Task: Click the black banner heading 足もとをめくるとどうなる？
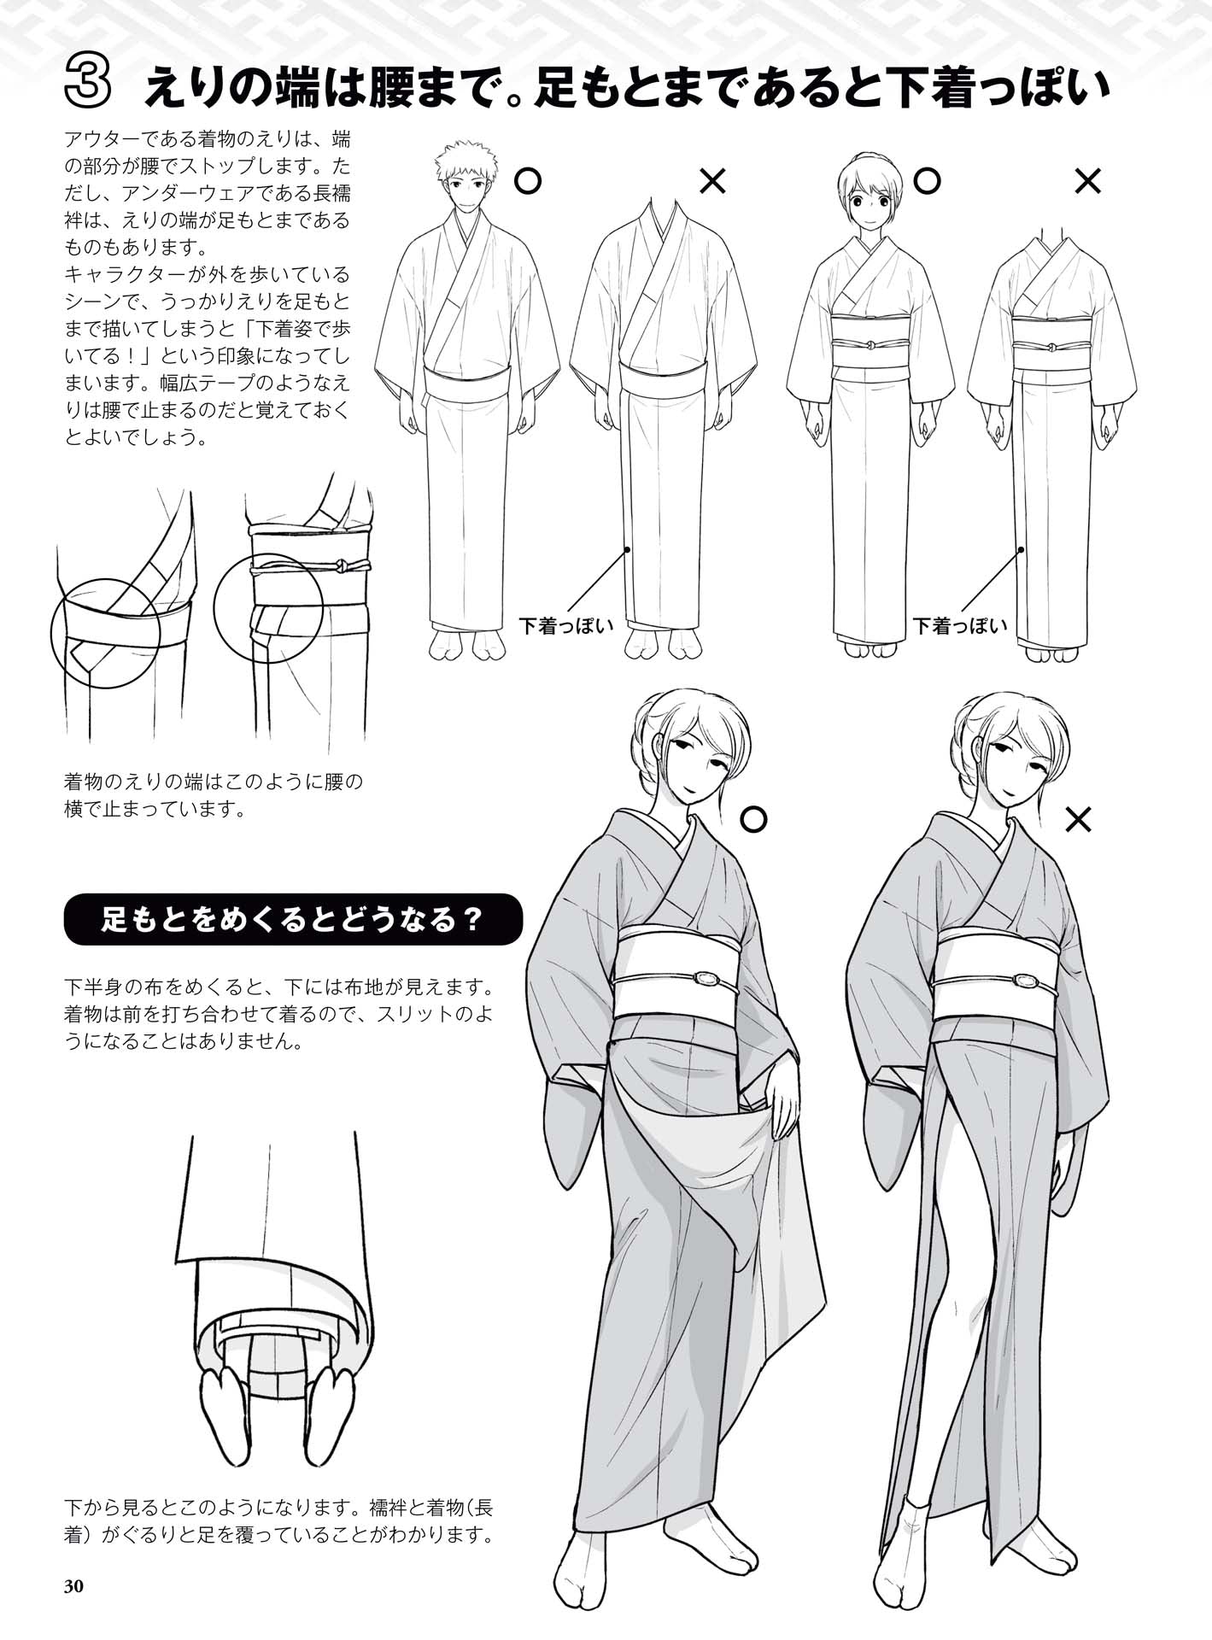[292, 920]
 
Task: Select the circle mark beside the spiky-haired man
[529, 181]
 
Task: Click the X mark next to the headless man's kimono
[712, 181]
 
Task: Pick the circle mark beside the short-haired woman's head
[927, 181]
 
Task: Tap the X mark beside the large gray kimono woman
[1079, 821]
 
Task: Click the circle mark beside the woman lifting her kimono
[752, 820]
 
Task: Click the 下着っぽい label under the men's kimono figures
[566, 626]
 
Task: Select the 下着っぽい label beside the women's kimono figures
[960, 626]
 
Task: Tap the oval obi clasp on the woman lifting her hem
[708, 979]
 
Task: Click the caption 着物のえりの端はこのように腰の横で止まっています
[214, 794]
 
